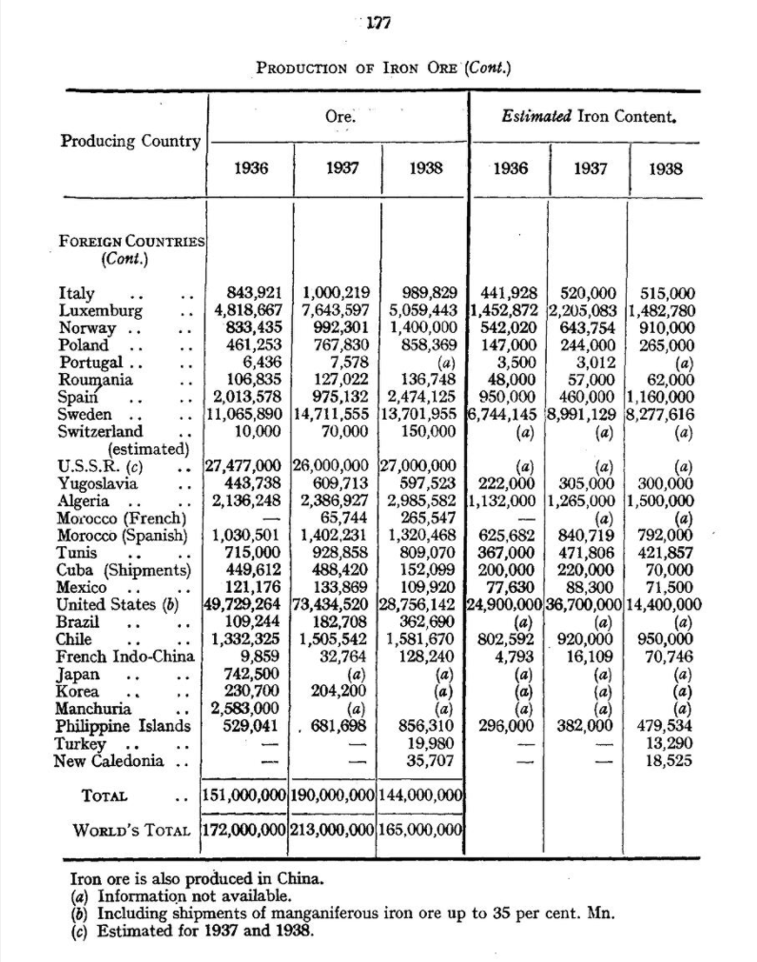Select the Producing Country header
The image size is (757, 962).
click(x=131, y=141)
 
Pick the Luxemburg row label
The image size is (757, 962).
click(x=101, y=310)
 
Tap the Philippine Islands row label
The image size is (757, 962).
click(x=125, y=727)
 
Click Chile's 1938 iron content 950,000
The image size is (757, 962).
click(x=668, y=639)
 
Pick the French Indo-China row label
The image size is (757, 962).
click(x=126, y=657)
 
